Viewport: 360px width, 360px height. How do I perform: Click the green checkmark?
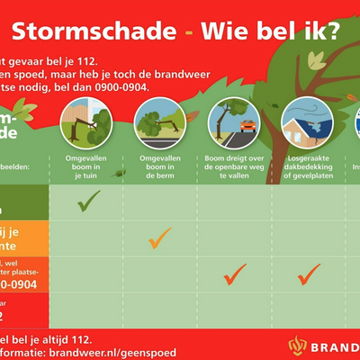coord(87,202)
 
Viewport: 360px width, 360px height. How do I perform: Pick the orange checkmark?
coord(159,238)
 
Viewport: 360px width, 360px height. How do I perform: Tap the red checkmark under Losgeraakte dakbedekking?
coord(310,273)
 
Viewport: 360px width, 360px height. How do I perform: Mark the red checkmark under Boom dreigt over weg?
coord(236,274)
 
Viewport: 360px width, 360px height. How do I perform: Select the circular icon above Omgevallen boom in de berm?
coord(159,121)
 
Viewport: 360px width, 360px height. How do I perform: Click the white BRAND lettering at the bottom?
coord(337,346)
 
